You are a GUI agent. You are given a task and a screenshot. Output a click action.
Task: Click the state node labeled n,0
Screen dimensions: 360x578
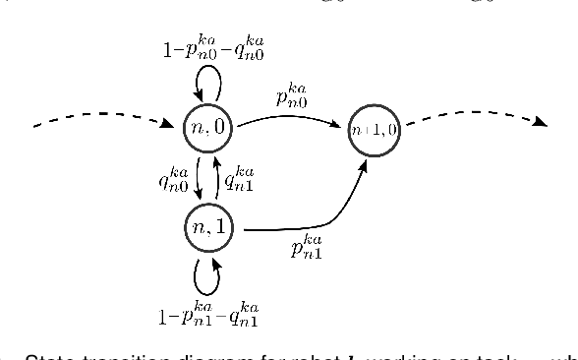coord(205,127)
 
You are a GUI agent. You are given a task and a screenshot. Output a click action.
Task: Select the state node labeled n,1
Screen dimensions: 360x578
coord(205,228)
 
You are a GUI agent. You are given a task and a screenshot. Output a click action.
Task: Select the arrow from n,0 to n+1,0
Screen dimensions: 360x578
coord(290,115)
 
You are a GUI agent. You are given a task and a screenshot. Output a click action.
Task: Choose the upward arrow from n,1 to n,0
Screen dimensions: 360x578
coord(216,178)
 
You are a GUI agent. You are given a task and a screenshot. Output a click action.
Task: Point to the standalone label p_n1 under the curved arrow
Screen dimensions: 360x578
coord(305,247)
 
